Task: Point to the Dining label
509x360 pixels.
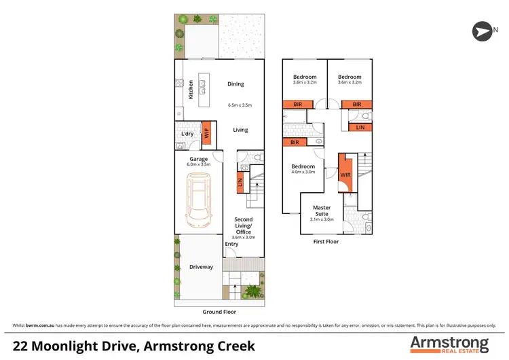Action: click(x=235, y=84)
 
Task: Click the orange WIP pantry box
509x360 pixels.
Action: click(x=207, y=134)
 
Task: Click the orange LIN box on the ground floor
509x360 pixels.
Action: click(x=240, y=182)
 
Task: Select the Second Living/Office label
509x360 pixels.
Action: click(x=244, y=226)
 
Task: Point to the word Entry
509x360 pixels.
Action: click(x=231, y=244)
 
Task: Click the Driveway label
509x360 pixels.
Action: click(x=201, y=267)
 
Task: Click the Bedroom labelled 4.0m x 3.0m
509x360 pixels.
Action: click(x=303, y=169)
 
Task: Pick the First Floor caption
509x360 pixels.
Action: click(x=325, y=241)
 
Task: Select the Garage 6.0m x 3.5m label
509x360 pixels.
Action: click(x=199, y=162)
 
